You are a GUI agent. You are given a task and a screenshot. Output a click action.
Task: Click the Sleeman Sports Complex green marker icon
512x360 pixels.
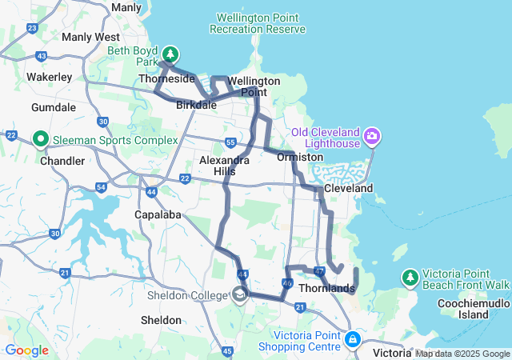[41, 140]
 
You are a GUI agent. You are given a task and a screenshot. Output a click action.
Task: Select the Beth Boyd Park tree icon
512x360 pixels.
[170, 55]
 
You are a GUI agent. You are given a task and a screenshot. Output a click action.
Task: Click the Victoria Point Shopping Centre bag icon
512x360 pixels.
[352, 340]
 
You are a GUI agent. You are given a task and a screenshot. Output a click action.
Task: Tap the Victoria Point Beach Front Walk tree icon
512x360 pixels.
[410, 278]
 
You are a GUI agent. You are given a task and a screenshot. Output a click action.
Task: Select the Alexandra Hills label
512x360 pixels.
[224, 166]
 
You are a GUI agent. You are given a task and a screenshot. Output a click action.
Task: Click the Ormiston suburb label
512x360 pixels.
[299, 157]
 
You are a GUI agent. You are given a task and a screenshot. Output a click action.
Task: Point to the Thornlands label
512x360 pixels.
[326, 288]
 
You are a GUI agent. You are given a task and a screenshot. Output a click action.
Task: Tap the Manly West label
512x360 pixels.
[90, 37]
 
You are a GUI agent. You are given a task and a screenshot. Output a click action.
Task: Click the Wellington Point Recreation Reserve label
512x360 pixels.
[257, 23]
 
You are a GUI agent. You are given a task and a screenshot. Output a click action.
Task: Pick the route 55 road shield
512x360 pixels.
[230, 142]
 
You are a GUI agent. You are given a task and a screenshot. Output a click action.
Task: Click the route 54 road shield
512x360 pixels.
[101, 187]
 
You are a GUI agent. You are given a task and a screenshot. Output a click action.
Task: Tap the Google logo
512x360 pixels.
[26, 350]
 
